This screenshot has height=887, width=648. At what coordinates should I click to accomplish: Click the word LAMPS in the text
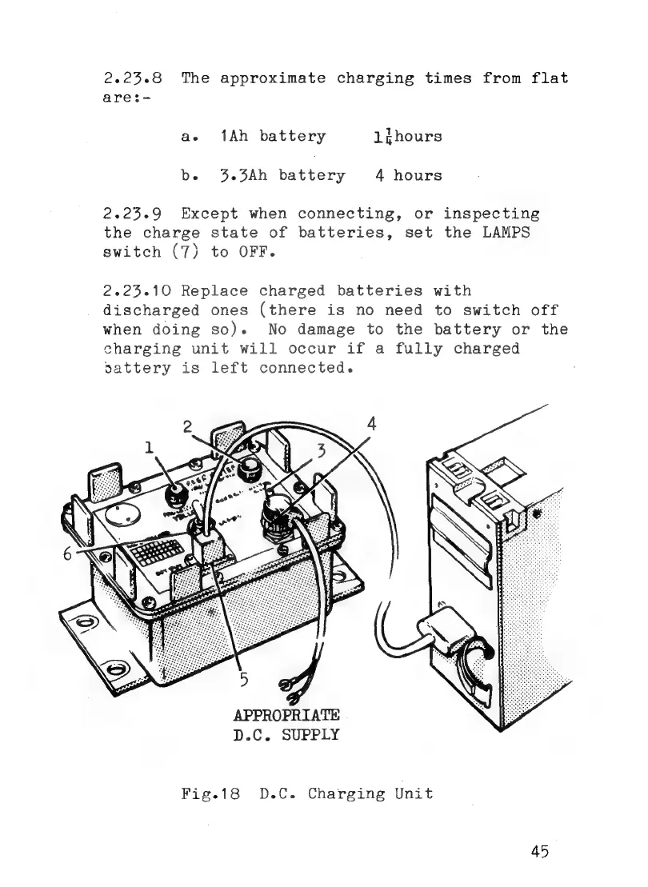[x=510, y=234]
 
